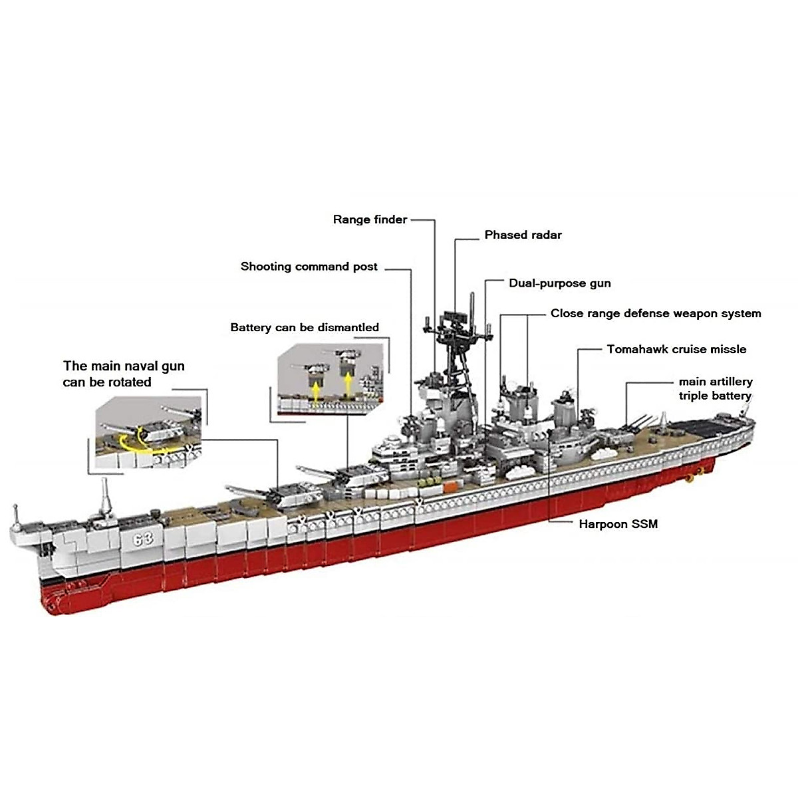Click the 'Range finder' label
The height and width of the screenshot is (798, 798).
pyautogui.click(x=370, y=219)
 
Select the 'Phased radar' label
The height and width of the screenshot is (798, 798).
pyautogui.click(x=523, y=235)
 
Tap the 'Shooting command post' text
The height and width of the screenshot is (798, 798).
pyautogui.click(x=309, y=267)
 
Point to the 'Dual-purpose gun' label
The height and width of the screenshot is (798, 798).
pyautogui.click(x=559, y=283)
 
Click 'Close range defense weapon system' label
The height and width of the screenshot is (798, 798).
pyautogui.click(x=655, y=314)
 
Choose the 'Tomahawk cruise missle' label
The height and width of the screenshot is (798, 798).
pyautogui.click(x=676, y=349)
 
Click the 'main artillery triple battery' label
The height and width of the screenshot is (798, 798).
pyautogui.click(x=715, y=388)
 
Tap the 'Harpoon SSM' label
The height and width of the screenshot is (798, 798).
pyautogui.click(x=618, y=524)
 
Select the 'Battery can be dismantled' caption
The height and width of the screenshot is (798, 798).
pyautogui.click(x=305, y=327)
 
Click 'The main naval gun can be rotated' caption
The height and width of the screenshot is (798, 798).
pyautogui.click(x=124, y=374)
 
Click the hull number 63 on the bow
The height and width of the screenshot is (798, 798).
pyautogui.click(x=143, y=539)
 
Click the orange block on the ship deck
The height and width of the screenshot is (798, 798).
pyautogui.click(x=450, y=487)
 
